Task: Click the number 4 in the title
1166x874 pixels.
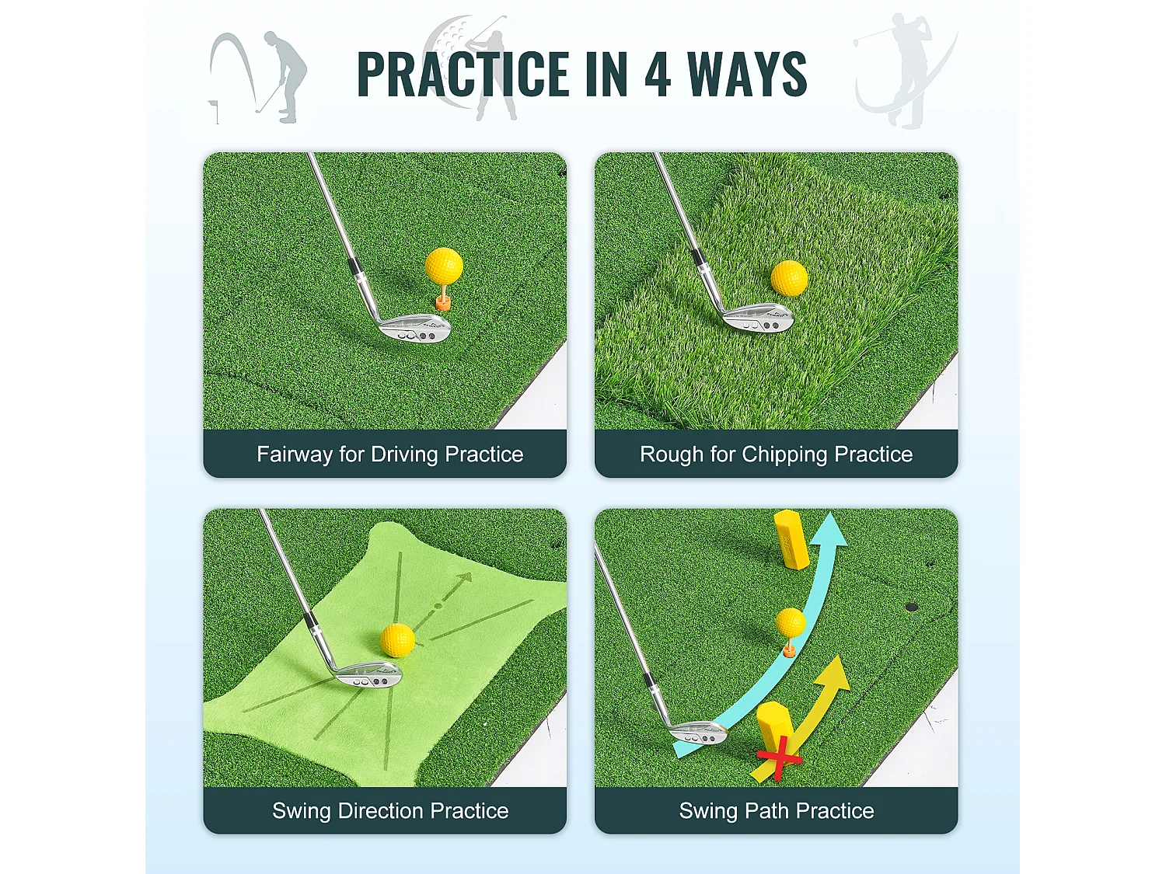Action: coord(658,75)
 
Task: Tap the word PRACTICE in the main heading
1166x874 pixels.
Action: coord(463,75)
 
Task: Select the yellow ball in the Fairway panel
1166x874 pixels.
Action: coord(444,266)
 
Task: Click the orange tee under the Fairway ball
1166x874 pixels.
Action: coord(442,300)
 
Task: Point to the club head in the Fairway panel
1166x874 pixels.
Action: coord(415,327)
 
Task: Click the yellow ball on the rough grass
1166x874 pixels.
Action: coord(789,277)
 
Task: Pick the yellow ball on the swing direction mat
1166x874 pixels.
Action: coord(397,639)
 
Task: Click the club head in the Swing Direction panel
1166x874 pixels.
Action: coord(368,675)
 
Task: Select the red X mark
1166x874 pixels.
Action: coord(779,757)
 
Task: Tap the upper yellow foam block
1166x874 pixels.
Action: coord(791,539)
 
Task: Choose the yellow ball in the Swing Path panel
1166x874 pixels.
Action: coord(791,622)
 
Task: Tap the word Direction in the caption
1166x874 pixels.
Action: coord(381,811)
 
